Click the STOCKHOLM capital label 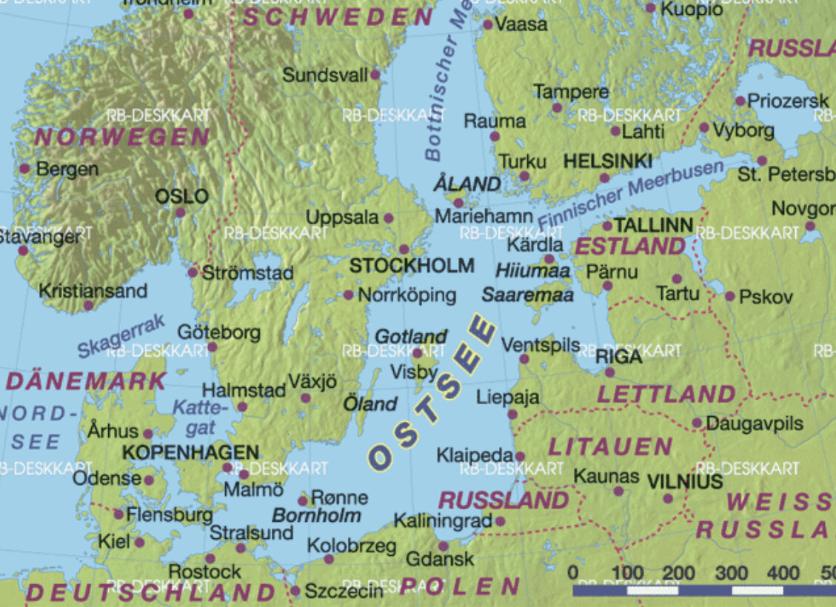click(412, 266)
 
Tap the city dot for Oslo click(180, 212)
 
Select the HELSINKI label click(607, 161)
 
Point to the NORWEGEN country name click(123, 137)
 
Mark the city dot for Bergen click(24, 169)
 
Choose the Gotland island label click(411, 337)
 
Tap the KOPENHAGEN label click(191, 452)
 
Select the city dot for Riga click(609, 372)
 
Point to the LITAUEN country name click(609, 446)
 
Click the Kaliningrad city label click(443, 521)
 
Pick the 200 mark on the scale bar click(678, 573)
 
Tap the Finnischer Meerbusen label click(630, 195)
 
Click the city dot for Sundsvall click(375, 75)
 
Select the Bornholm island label click(316, 515)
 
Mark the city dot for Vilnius click(668, 499)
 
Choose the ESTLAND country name click(631, 247)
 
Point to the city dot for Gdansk click(444, 546)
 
